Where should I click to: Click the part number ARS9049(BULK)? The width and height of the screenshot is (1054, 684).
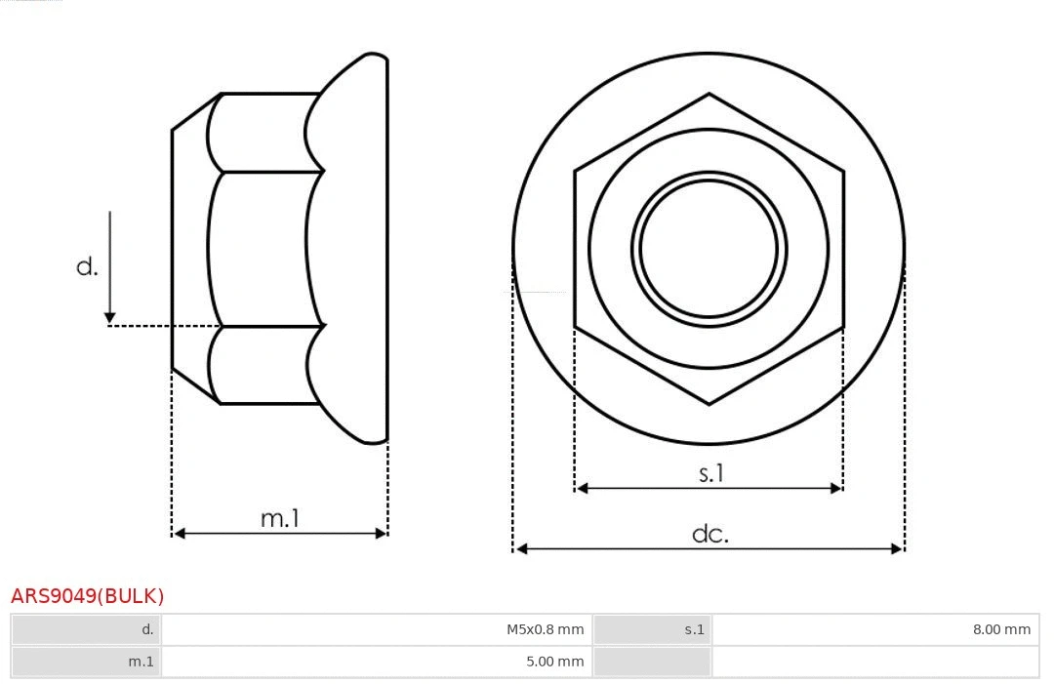(87, 596)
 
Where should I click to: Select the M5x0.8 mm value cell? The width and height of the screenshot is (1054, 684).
(545, 630)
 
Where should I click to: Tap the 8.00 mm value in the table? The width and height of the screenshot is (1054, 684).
(1000, 630)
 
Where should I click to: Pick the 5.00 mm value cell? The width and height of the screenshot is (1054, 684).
(554, 662)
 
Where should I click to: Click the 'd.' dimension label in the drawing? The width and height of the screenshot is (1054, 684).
(88, 266)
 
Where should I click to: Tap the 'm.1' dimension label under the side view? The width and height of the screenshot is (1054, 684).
(280, 519)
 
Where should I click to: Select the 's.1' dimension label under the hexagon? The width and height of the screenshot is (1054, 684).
(710, 473)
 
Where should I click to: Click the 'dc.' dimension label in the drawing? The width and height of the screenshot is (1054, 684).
(710, 534)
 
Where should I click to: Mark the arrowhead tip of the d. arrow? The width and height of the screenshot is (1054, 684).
(110, 321)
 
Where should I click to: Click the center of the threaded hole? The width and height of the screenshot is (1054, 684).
(709, 248)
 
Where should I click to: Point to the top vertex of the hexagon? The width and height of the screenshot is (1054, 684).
(709, 94)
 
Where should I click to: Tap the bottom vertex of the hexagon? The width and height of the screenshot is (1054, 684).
(709, 403)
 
